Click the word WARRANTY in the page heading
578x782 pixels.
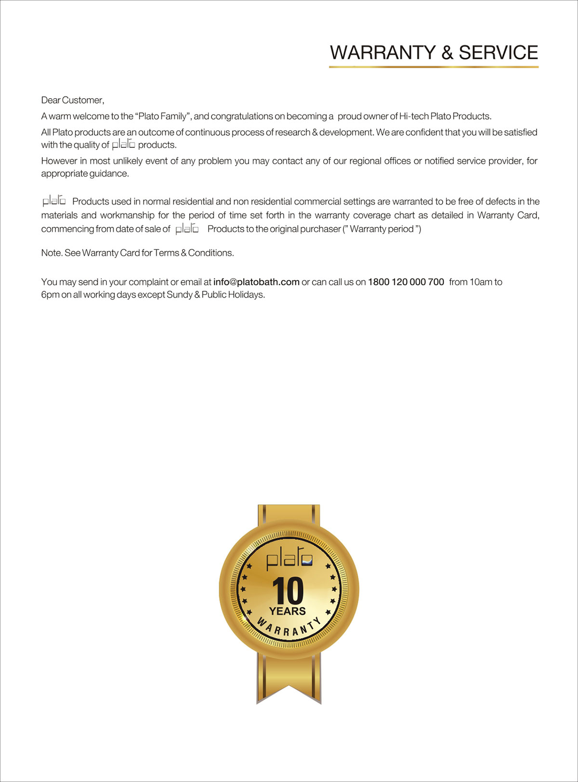[383, 52]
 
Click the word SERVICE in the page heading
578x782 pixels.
[498, 52]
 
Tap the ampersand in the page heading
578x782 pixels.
[447, 53]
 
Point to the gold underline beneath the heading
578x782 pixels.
[433, 67]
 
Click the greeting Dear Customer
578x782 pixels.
[72, 100]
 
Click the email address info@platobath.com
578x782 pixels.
[256, 282]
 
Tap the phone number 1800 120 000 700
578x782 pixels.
[406, 282]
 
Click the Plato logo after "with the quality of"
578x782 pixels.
[123, 144]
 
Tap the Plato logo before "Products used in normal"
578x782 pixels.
[54, 200]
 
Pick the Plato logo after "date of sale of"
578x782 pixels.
[187, 229]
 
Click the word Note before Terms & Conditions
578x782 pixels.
[51, 253]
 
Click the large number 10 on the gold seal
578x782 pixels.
[288, 591]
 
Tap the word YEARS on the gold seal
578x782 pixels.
[288, 611]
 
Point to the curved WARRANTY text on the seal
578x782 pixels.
[288, 626]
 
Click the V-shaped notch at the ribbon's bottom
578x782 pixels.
[289, 688]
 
